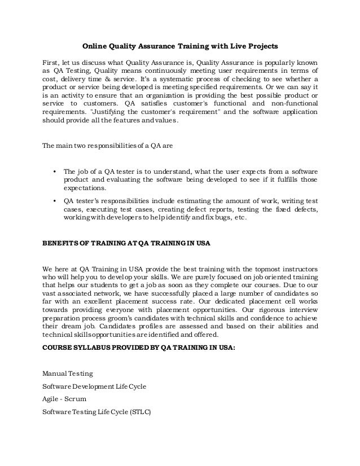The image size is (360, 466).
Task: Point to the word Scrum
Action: (x=74, y=399)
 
